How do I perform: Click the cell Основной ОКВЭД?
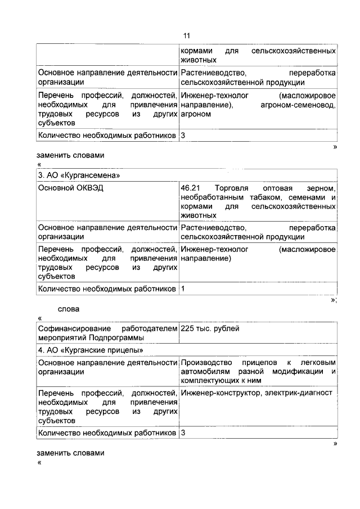tap(70, 188)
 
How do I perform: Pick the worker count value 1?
tap(183, 289)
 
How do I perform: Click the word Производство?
tap(205, 363)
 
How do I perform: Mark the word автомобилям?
tap(205, 372)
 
